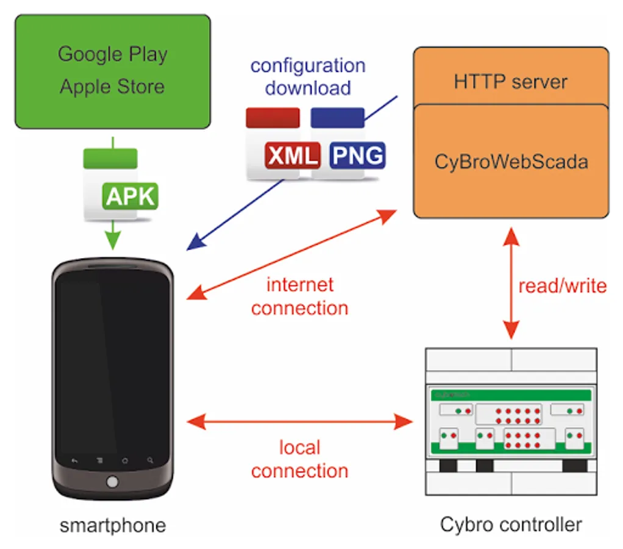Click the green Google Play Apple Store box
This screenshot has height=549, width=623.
(113, 71)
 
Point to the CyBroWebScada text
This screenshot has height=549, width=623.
(511, 162)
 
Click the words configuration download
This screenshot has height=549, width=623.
(308, 76)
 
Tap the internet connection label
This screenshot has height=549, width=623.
(299, 296)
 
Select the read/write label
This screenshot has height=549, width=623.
(562, 285)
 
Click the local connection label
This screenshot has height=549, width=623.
(299, 459)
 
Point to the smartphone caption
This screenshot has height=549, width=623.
(113, 525)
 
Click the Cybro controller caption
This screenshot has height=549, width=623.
(511, 524)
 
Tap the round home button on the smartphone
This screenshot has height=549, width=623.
(112, 482)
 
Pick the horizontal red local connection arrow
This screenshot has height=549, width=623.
(299, 420)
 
